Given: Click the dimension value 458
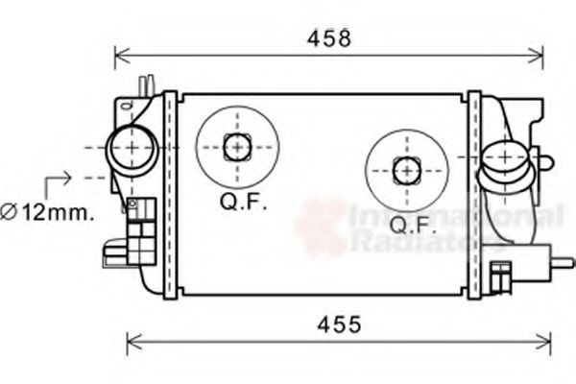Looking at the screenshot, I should [329, 38].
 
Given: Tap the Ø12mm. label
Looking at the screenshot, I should [47, 212].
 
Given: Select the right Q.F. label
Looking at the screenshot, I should [414, 226].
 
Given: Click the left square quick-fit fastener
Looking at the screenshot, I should [235, 147].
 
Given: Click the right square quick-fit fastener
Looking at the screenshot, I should [406, 171].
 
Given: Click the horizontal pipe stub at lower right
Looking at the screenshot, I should [562, 261].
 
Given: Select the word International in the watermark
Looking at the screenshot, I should [455, 217].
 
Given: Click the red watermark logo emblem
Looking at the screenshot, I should [321, 227].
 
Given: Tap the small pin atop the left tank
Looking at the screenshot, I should [145, 85].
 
